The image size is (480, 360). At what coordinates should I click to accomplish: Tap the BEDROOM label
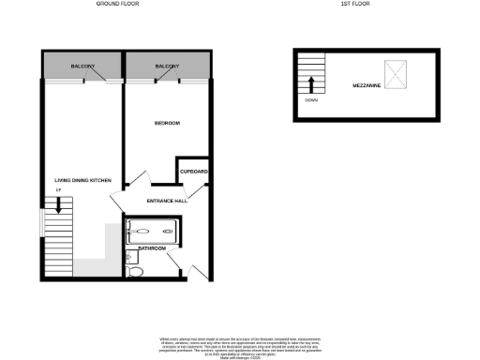(166, 124)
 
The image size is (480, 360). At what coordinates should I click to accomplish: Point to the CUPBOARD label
(194, 172)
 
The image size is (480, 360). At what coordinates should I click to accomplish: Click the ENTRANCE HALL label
(167, 201)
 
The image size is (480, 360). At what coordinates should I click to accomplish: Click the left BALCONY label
(83, 67)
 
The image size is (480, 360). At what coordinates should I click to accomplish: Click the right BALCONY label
(167, 67)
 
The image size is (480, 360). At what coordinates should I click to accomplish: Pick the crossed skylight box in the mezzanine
(399, 70)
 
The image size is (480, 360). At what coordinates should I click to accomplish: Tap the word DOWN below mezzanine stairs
(310, 101)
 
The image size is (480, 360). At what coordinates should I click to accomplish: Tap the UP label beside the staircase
(58, 192)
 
